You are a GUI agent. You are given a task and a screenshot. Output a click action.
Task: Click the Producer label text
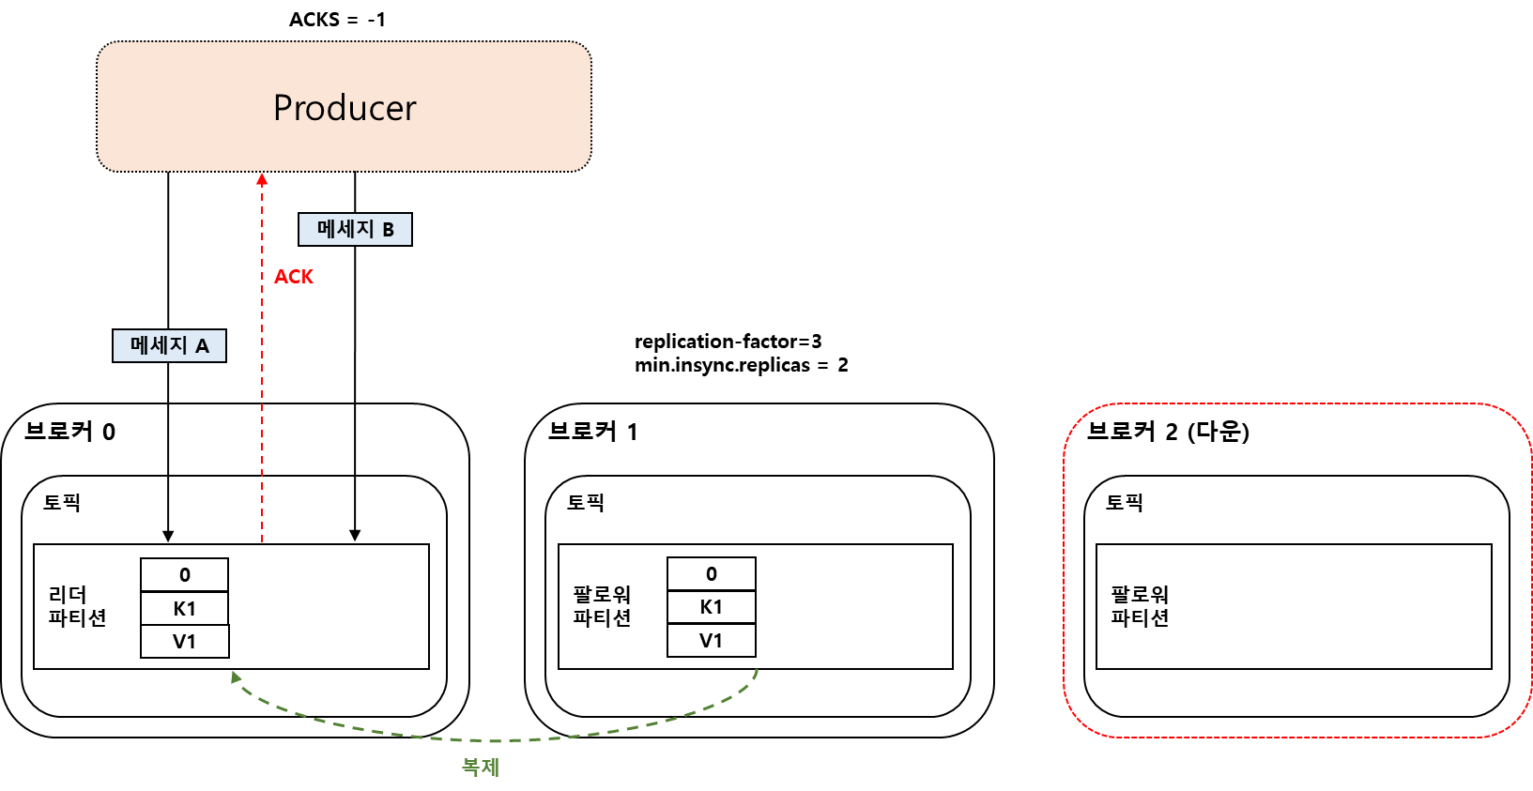345,108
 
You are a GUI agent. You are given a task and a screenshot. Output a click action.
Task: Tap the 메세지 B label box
355,229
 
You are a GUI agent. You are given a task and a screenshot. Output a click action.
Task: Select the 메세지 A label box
169,345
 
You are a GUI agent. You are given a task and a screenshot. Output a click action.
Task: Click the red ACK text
294,277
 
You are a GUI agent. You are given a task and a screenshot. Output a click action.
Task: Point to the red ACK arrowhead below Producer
262,178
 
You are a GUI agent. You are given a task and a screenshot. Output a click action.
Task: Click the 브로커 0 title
69,432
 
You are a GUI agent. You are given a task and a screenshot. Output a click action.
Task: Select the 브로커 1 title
592,432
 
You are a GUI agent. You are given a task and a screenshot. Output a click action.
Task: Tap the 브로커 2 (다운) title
1168,432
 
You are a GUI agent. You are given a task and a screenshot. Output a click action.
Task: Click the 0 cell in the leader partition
185,575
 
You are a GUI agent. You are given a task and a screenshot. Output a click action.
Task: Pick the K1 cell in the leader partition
185,609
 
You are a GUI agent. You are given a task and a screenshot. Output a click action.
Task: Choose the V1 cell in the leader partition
185,642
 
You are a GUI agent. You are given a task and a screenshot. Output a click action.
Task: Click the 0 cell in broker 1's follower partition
712,574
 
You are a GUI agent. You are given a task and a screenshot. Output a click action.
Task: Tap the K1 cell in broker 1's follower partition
712,607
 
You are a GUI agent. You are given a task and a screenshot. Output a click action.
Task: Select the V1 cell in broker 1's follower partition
712,641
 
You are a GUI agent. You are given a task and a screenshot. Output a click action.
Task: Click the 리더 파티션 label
77,606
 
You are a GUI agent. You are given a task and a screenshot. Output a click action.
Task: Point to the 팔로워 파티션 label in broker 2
1140,606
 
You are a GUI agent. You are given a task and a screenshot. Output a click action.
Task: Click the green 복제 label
480,767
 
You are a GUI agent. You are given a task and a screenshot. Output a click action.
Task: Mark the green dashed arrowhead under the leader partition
236,676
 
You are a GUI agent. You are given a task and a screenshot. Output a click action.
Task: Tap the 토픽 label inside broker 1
586,503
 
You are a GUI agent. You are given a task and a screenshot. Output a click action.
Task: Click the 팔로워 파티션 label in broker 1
602,606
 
